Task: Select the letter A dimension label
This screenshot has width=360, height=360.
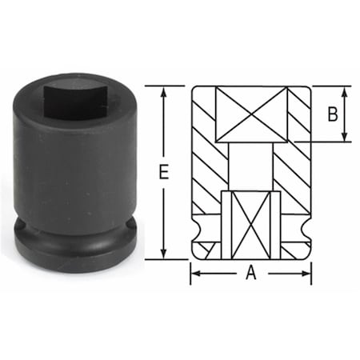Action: click(250, 274)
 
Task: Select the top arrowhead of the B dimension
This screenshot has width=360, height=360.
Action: click(346, 90)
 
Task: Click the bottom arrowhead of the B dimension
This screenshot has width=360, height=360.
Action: click(346, 138)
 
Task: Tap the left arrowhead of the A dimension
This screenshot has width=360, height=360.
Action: click(195, 274)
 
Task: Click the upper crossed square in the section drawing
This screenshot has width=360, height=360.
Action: click(250, 114)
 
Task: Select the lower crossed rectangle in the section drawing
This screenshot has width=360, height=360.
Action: click(250, 226)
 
